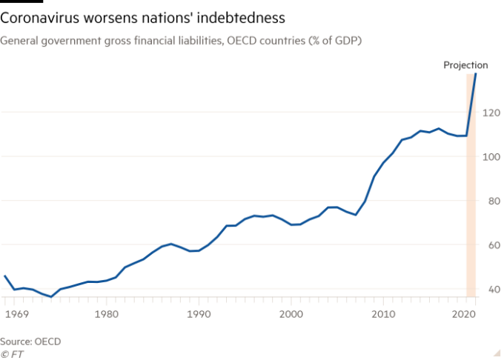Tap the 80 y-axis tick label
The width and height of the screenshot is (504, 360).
pyautogui.click(x=491, y=201)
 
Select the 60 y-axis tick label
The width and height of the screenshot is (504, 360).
pyautogui.click(x=491, y=245)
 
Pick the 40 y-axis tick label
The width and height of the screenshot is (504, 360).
pyautogui.click(x=491, y=289)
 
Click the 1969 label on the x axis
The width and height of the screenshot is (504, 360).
pyautogui.click(x=16, y=313)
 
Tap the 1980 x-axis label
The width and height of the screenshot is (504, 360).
pyautogui.click(x=107, y=313)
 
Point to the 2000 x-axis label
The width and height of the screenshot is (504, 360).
pyautogui.click(x=291, y=313)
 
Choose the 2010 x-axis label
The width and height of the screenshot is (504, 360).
pyautogui.click(x=382, y=313)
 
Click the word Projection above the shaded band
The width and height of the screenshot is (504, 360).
pyautogui.click(x=465, y=65)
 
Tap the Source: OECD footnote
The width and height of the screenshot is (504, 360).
pyautogui.click(x=31, y=341)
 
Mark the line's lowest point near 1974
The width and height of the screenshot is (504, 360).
pyautogui.click(x=51, y=296)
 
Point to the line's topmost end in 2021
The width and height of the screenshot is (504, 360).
pyautogui.click(x=477, y=73)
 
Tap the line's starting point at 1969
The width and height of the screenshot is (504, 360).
pyautogui.click(x=4, y=275)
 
